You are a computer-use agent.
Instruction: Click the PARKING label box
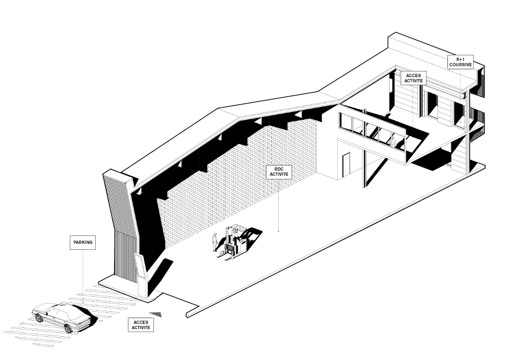click(x=83, y=242)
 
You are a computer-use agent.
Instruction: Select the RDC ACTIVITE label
click(x=279, y=172)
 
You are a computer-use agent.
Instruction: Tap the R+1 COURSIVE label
click(x=461, y=62)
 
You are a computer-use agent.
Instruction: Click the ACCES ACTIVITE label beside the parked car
click(x=141, y=325)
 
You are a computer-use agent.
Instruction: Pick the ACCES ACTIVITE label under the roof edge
click(x=413, y=78)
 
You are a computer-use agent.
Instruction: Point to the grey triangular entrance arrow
click(x=156, y=314)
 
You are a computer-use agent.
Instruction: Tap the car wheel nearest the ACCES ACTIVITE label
click(x=69, y=330)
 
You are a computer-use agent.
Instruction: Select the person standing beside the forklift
click(x=215, y=242)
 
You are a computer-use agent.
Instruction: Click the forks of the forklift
click(x=225, y=256)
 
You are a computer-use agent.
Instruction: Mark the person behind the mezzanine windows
click(x=394, y=140)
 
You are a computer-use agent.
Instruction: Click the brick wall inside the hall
click(x=235, y=184)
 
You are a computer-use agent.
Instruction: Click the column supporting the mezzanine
click(x=364, y=168)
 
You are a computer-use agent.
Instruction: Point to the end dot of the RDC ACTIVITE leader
click(x=279, y=231)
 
